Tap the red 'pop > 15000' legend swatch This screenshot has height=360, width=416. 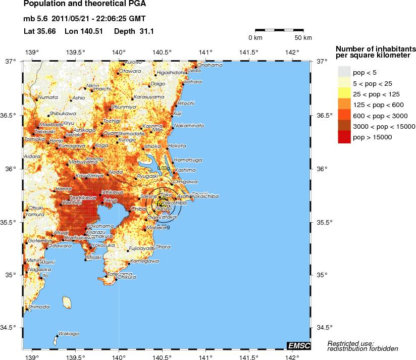pos(344,137)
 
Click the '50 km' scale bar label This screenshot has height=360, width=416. pos(303,38)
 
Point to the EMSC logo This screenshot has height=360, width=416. pos(298,345)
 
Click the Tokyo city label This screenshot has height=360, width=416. pos(110,200)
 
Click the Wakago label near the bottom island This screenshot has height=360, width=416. pos(69,334)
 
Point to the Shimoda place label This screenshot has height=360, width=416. pos(39,306)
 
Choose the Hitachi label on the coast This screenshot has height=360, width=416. pos(186,103)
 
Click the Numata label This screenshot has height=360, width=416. pos(48,97)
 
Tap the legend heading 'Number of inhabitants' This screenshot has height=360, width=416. pos(376,48)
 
